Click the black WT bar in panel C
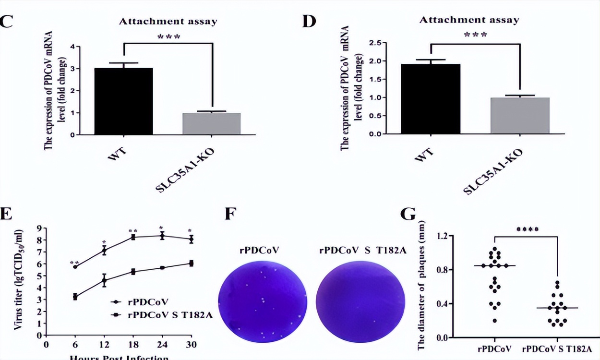tap(123, 101)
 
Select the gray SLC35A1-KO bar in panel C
tap(211, 124)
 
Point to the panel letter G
tap(408, 215)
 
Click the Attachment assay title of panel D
tap(469, 20)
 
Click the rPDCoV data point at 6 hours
tap(75, 266)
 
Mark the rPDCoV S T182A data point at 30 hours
tap(191, 263)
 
